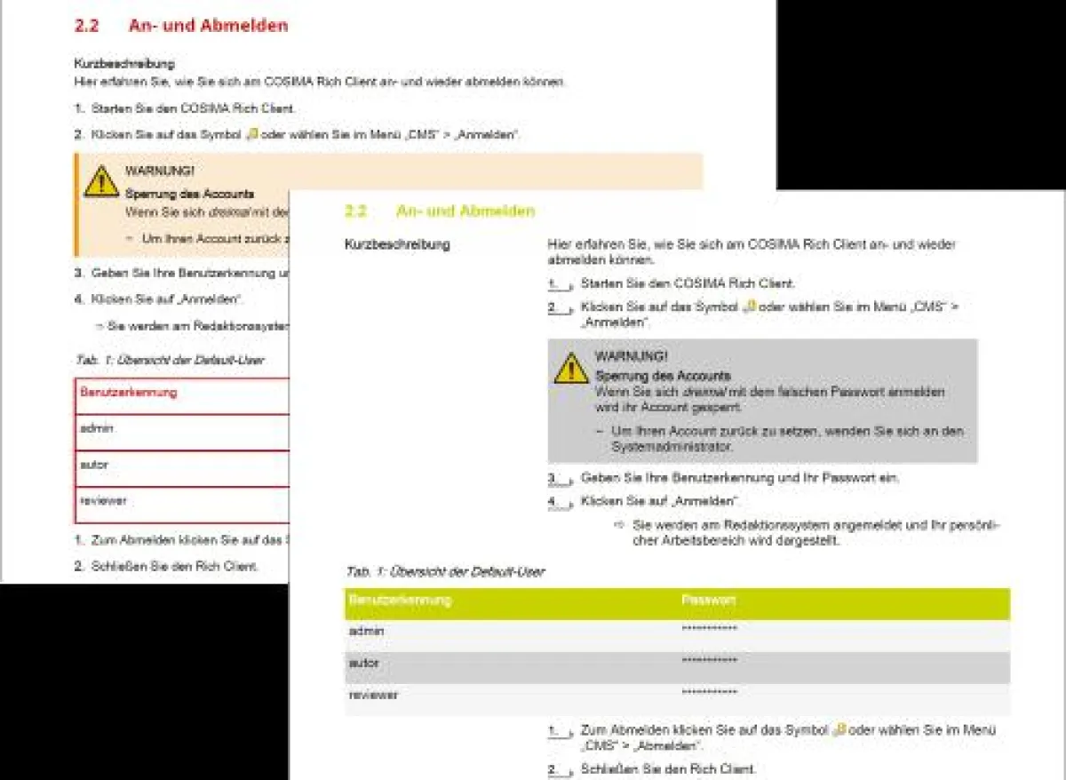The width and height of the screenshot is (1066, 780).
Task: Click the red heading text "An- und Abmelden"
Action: click(208, 26)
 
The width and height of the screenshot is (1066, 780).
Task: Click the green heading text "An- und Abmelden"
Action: click(465, 211)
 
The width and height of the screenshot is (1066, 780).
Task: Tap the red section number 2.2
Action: click(86, 26)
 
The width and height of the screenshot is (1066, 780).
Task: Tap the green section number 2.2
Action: click(355, 211)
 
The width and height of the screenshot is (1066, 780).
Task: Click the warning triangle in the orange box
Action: click(101, 181)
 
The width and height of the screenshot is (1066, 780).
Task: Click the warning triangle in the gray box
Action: click(571, 368)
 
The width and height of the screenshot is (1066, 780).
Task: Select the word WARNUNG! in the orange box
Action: click(160, 171)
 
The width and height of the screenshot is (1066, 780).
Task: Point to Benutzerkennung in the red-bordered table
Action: click(129, 392)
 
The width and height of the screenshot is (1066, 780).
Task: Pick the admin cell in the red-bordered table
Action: click(97, 428)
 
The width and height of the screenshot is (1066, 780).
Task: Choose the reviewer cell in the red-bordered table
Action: click(103, 501)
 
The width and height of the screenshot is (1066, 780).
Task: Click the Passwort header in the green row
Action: click(708, 601)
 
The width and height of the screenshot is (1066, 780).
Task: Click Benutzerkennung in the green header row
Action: click(400, 601)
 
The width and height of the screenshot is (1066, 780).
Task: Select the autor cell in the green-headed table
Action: click(364, 664)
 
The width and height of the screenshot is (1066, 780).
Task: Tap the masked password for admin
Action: click(709, 631)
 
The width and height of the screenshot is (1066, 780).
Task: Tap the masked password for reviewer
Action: click(709, 694)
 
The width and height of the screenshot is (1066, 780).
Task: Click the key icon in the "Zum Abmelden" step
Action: click(839, 730)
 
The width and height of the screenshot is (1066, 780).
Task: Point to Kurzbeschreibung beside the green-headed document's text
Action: click(397, 244)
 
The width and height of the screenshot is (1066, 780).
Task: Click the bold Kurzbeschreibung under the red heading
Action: click(123, 64)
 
